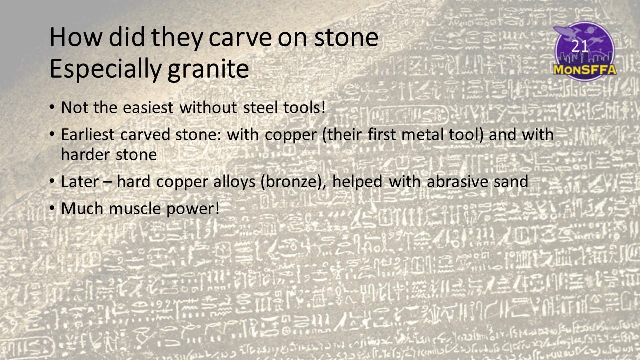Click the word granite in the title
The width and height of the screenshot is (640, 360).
(208, 70)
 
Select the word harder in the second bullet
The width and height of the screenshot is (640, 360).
(85, 154)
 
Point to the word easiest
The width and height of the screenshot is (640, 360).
(148, 108)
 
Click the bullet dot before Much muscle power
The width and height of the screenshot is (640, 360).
(52, 208)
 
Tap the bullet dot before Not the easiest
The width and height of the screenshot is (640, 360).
(52, 107)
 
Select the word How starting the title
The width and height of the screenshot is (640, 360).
(75, 38)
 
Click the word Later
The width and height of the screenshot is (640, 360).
(80, 182)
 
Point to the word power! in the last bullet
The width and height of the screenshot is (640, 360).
(193, 209)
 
